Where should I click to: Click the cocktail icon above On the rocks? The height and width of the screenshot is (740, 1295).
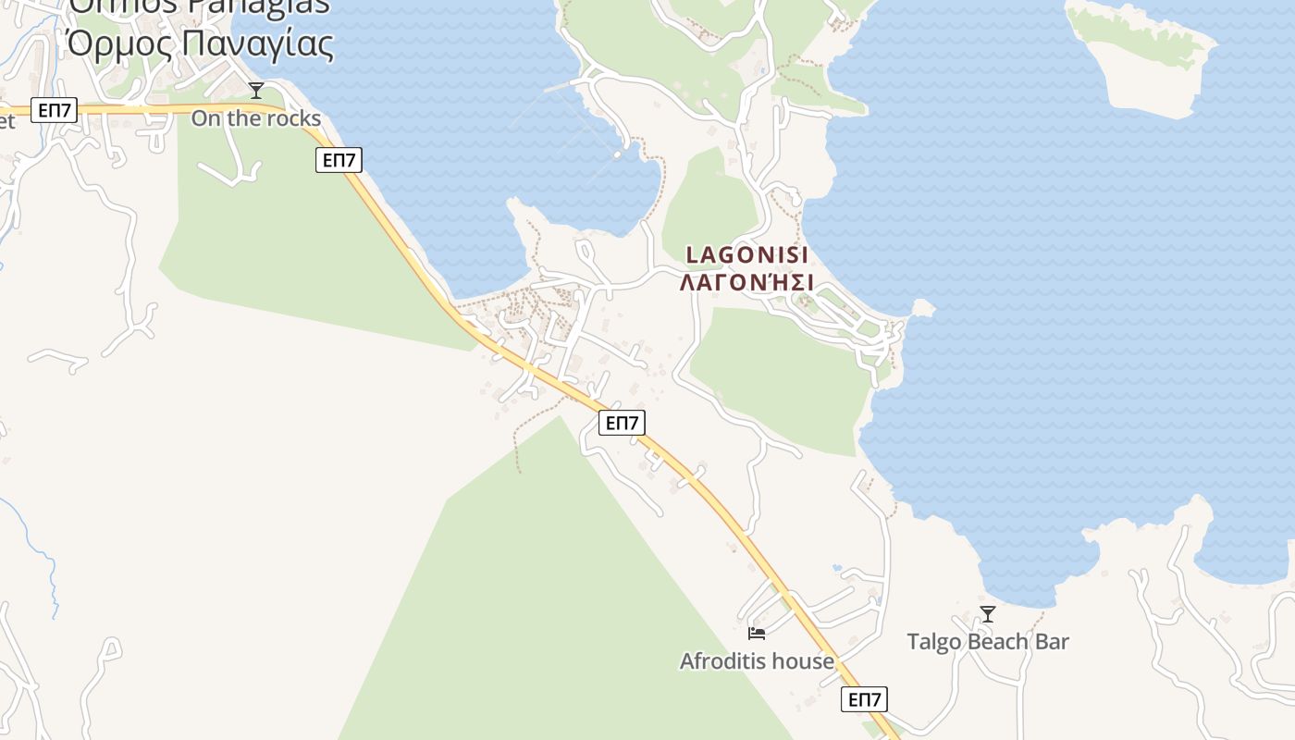click(x=256, y=90)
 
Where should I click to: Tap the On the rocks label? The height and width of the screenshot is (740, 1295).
click(x=256, y=118)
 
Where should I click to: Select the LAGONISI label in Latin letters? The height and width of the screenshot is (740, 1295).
click(x=747, y=255)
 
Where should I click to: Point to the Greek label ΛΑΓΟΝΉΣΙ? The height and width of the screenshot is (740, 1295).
click(x=746, y=282)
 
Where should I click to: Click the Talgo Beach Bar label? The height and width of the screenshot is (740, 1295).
click(x=988, y=642)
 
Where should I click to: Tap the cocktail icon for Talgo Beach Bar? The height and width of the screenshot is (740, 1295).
click(x=988, y=613)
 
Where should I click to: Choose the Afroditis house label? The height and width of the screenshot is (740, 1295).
click(x=757, y=661)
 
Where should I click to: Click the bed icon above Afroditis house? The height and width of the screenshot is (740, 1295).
click(x=757, y=634)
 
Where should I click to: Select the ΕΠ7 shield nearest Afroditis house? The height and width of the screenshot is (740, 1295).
click(x=865, y=699)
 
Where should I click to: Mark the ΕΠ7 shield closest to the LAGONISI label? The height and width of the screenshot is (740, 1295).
click(x=622, y=423)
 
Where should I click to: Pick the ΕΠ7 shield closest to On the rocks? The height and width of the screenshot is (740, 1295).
click(x=339, y=160)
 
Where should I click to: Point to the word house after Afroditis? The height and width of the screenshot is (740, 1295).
click(x=804, y=661)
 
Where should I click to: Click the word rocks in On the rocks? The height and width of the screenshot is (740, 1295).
click(x=293, y=118)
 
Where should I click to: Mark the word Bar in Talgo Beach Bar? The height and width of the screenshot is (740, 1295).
click(x=1054, y=642)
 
